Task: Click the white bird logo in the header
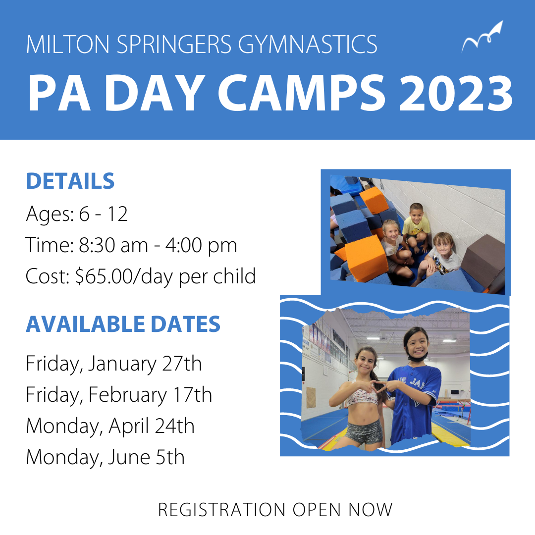(482, 38)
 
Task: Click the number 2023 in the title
(456, 94)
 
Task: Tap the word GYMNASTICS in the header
(308, 44)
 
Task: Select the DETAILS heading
(70, 181)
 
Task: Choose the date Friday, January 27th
(113, 364)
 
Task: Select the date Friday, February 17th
(119, 395)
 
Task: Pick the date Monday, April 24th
(110, 426)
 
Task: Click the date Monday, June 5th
(105, 457)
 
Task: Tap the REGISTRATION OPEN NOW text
(275, 509)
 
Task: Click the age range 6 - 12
(103, 214)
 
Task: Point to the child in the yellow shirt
(416, 225)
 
